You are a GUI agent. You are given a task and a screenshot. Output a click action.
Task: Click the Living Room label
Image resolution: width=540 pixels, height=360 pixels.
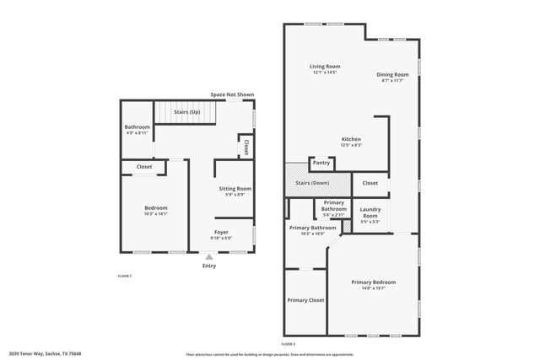coord(324,66)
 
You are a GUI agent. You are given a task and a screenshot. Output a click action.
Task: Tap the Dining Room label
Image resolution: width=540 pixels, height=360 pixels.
coord(392,74)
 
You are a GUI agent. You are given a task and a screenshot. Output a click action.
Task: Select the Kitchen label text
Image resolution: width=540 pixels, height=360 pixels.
coord(351,139)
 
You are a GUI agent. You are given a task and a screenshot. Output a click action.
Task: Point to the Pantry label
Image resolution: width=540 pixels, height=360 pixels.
coord(321,163)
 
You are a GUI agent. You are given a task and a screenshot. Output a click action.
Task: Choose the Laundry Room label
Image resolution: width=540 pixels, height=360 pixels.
coord(370,212)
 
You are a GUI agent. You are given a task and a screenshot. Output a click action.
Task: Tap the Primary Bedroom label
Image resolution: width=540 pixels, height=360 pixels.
coord(373,282)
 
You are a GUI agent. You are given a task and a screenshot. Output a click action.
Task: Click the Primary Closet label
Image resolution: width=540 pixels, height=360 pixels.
coord(305,300)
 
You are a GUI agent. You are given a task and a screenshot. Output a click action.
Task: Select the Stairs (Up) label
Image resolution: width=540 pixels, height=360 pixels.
coord(186,111)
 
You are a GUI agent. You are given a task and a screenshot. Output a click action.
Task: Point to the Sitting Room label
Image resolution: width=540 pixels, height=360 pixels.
coord(235,189)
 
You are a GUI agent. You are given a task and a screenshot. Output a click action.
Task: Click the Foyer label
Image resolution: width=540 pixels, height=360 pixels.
coord(221,232)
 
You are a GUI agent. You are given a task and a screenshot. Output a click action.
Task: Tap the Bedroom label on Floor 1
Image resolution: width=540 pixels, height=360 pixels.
coord(155,208)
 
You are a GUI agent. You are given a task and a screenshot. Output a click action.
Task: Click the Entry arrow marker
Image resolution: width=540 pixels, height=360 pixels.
coord(209,257)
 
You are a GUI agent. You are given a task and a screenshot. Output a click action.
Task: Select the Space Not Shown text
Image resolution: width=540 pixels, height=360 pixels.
coord(232,94)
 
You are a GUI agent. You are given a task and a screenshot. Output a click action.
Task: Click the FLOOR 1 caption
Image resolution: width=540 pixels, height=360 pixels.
coord(124,276)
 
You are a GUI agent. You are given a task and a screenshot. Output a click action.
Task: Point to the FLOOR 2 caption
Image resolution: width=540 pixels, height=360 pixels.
coord(289,344)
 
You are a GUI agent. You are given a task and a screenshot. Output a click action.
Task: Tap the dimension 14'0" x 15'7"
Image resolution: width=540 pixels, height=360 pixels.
coord(373,288)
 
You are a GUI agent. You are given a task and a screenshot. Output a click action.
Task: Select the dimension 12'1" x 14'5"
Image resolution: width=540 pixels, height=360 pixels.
coord(324,73)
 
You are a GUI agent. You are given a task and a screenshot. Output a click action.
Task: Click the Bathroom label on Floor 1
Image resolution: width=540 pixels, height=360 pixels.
coord(137,127)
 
